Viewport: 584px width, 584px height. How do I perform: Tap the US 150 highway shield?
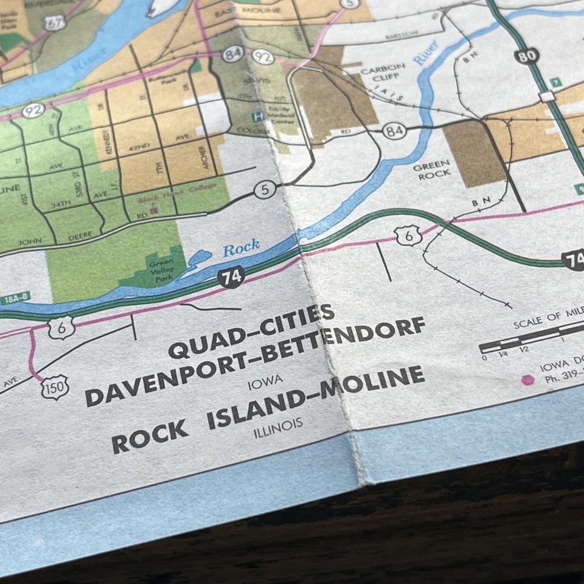tap(55, 387)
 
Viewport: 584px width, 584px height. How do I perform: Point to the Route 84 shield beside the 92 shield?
tap(232, 54)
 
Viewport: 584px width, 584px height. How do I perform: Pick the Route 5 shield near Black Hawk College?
tap(264, 190)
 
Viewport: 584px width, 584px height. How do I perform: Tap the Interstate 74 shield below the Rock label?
tap(231, 277)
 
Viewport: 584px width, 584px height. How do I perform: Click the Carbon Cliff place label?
tap(383, 75)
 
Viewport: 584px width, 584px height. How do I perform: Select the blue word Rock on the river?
tap(241, 249)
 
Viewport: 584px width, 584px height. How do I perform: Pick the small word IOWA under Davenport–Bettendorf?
tap(265, 382)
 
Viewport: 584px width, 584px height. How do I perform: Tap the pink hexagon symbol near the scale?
tap(527, 380)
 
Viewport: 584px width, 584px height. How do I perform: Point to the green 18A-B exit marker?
tap(15, 299)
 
